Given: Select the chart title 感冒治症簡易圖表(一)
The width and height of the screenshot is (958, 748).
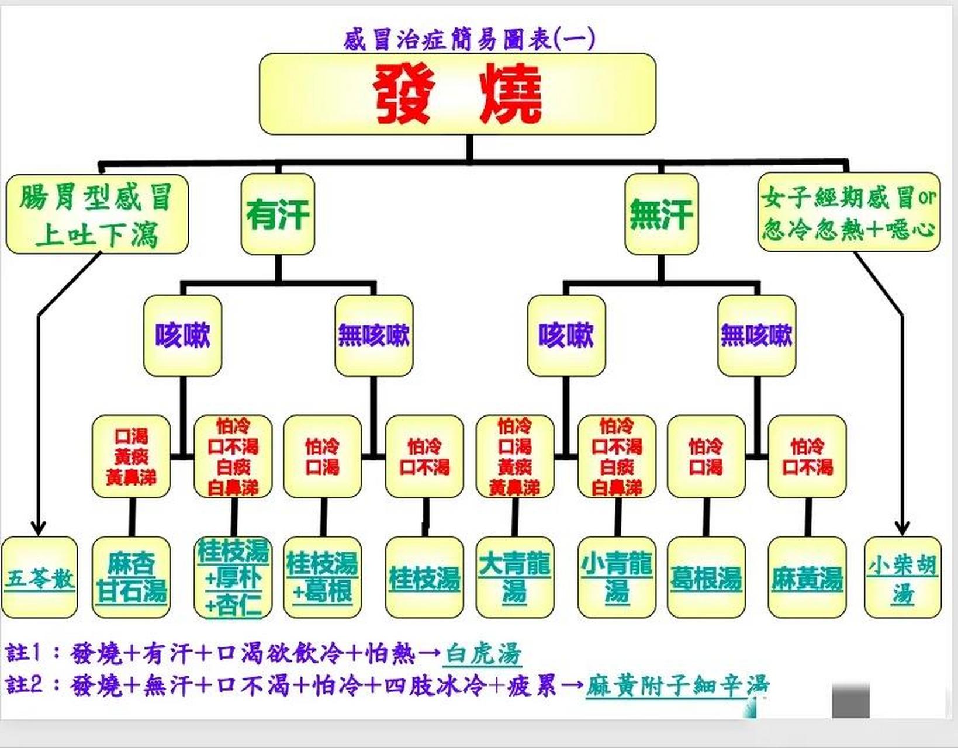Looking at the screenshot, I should pyautogui.click(x=469, y=40).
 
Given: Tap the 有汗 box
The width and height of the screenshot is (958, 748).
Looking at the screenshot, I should pyautogui.click(x=278, y=214).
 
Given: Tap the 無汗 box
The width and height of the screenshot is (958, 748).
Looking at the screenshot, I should pyautogui.click(x=661, y=214).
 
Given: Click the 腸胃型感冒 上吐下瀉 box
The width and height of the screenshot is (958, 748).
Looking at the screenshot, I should pyautogui.click(x=97, y=214).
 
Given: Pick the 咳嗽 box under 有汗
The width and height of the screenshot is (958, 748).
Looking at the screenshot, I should pyautogui.click(x=182, y=335).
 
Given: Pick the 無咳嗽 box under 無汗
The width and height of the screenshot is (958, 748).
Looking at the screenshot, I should pyautogui.click(x=756, y=335).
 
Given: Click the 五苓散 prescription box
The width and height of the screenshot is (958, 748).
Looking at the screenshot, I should pyautogui.click(x=40, y=578).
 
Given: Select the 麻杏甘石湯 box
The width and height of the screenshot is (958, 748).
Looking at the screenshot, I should pyautogui.click(x=132, y=578).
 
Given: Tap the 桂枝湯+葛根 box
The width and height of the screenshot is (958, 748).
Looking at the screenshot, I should pyautogui.click(x=322, y=578).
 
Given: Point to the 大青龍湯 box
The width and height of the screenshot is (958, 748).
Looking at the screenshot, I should pyautogui.click(x=514, y=578).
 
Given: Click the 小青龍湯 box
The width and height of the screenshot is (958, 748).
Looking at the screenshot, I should pyautogui.click(x=617, y=578).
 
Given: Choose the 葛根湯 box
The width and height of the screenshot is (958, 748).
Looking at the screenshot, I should pyautogui.click(x=706, y=578).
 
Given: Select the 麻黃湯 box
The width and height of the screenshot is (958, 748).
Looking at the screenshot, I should pyautogui.click(x=807, y=578).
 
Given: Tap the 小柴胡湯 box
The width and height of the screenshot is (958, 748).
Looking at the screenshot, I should pyautogui.click(x=902, y=578).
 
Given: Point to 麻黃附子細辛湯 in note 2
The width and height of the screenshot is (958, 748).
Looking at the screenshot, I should pyautogui.click(x=677, y=685).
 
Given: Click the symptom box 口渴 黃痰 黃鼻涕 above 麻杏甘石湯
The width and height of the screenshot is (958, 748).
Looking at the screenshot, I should pyautogui.click(x=132, y=457).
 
